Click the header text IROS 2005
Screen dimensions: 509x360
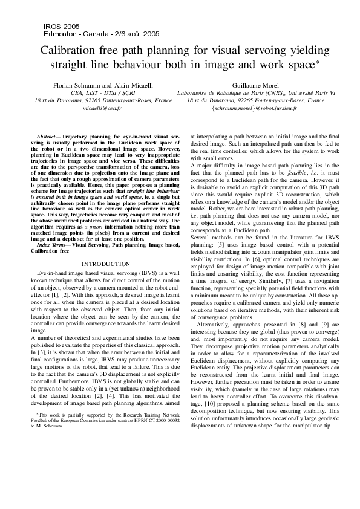(x=61, y=27)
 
